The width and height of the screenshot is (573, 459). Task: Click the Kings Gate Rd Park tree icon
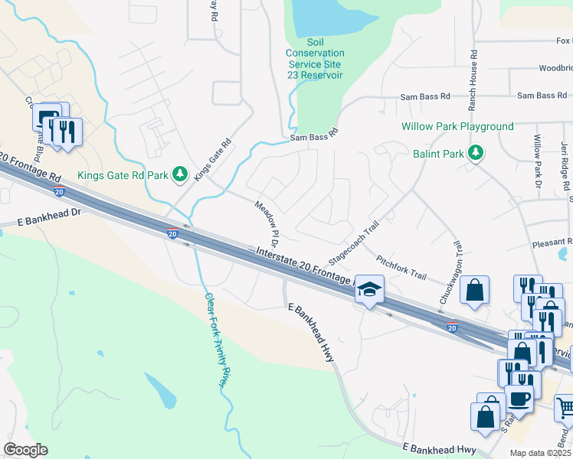pyautogui.click(x=181, y=175)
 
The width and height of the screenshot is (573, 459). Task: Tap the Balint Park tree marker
pyautogui.click(x=476, y=153)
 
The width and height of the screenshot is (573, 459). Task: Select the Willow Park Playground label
pyautogui.click(x=457, y=126)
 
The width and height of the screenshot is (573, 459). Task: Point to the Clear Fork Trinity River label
pyautogui.click(x=217, y=340)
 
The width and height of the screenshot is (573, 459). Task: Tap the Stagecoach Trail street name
pyautogui.click(x=354, y=242)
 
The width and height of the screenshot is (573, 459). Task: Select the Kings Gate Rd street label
pyautogui.click(x=212, y=159)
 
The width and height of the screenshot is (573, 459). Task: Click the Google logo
pyautogui.click(x=25, y=450)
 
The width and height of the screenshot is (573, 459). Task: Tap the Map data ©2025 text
pyautogui.click(x=540, y=453)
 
